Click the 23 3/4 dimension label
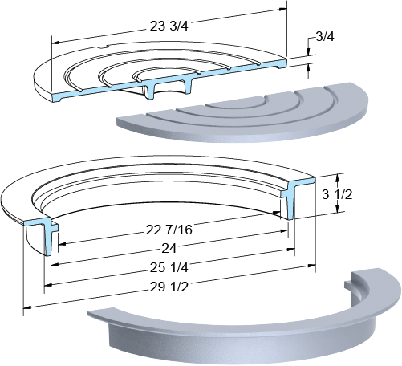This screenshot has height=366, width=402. (169, 26)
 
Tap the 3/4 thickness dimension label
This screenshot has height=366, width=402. (325, 37)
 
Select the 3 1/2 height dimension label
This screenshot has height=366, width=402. (337, 194)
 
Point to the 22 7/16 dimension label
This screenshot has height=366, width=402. (169, 230)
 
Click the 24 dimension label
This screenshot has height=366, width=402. (169, 249)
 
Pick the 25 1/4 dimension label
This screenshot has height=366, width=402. (169, 267)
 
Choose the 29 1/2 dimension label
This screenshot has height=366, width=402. (169, 287)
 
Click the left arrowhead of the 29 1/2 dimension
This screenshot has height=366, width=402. (27, 307)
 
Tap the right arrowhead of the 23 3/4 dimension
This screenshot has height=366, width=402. (282, 9)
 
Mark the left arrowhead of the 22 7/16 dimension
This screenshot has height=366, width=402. (62, 244)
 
